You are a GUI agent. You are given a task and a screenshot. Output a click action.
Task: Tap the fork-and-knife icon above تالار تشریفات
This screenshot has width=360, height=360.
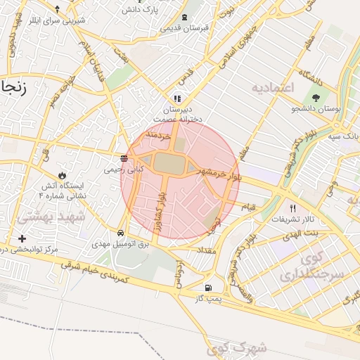pyautogui.click(x=292, y=209)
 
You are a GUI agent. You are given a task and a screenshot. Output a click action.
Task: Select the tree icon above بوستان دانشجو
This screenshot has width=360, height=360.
pyautogui.click(x=314, y=98)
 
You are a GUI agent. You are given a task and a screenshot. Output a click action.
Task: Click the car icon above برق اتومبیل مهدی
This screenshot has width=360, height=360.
pyautogui.click(x=121, y=233)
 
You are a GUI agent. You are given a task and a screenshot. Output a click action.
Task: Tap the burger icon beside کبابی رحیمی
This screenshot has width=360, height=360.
pyautogui.click(x=124, y=158)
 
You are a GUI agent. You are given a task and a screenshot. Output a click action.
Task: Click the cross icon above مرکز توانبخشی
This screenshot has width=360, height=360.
pyautogui.click(x=22, y=238)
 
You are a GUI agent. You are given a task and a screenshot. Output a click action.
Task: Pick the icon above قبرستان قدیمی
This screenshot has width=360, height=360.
pyautogui.click(x=184, y=17)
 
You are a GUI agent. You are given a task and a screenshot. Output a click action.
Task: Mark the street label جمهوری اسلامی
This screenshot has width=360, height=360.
pyautogui.click(x=232, y=49)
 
